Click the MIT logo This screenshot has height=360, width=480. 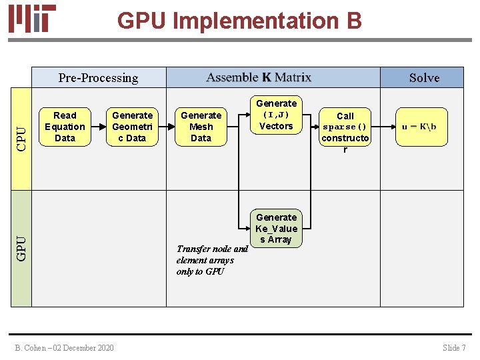coord(32,19)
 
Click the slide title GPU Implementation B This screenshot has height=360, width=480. coord(239,21)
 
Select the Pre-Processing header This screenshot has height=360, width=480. coord(98,78)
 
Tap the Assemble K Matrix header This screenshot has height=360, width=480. coord(259,77)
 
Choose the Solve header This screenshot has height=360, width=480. coord(424,78)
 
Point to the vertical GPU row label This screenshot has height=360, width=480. coord(21,249)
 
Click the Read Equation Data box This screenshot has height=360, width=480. coord(65,127)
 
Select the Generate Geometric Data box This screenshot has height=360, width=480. coord(132,127)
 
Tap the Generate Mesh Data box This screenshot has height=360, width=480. coord(201,127)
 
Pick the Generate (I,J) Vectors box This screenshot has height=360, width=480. coord(276,115)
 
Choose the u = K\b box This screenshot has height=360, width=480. coord(419,127)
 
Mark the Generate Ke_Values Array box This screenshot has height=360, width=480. coord(276,229)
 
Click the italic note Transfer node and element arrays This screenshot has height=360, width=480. coord(211,260)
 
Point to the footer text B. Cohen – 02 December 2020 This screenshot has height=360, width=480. coord(65,347)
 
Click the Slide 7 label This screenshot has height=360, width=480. coord(454,347)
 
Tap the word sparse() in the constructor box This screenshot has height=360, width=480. coord(345,127)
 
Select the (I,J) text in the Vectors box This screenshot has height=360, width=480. coord(276,115)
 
